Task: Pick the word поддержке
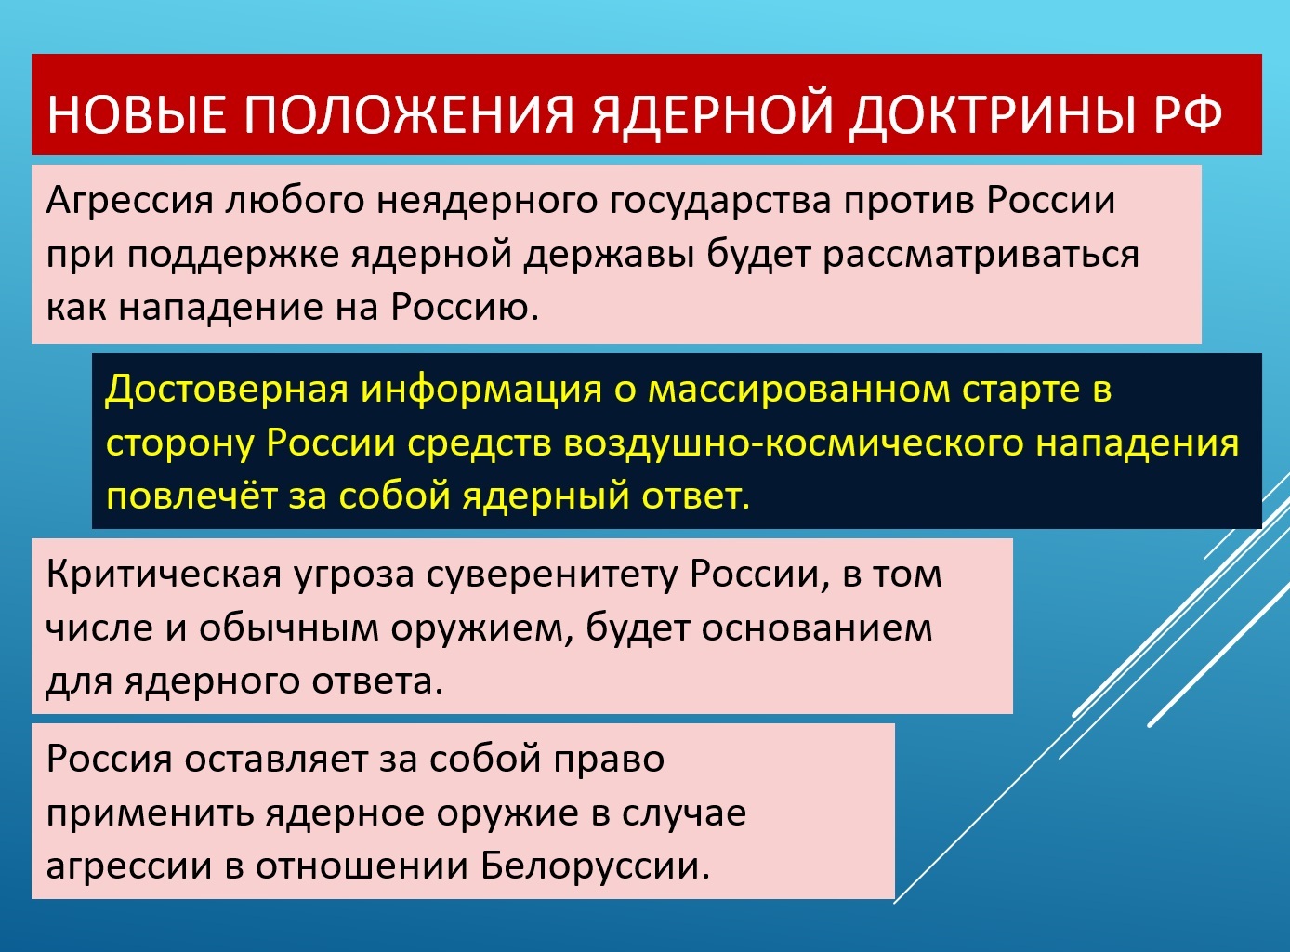pyautogui.click(x=232, y=256)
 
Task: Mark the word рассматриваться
pyautogui.click(x=981, y=256)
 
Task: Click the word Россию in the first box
pyautogui.click(x=464, y=306)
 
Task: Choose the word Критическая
pyautogui.click(x=164, y=575)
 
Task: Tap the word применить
pyautogui.click(x=151, y=813)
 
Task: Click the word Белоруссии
pyautogui.click(x=596, y=866)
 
